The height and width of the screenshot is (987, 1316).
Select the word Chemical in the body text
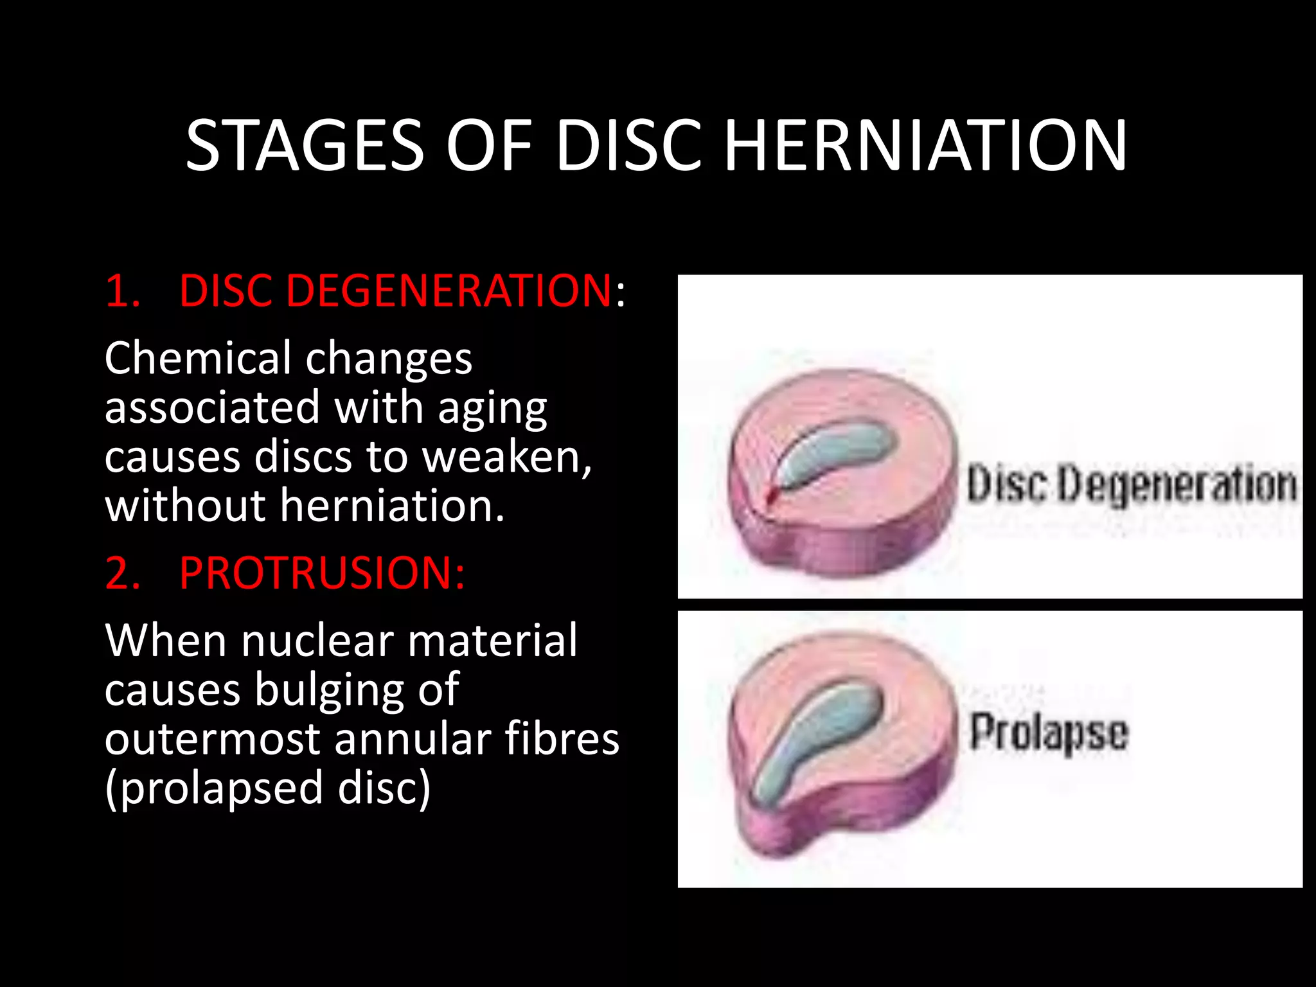(199, 358)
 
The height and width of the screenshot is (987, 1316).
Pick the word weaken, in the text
(507, 457)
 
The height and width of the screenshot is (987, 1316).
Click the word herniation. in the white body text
(393, 506)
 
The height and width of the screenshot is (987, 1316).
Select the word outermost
(212, 739)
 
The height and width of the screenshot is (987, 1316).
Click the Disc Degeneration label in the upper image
(1131, 483)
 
